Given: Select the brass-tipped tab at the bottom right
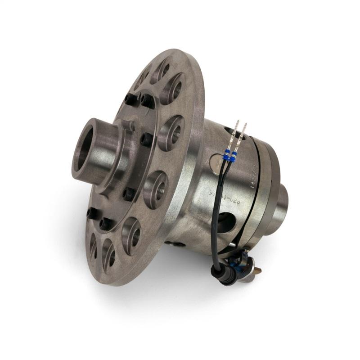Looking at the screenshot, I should pos(257,270).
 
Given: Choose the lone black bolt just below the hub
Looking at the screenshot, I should pos(128,194).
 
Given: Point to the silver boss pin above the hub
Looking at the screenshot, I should pos(131,126).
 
